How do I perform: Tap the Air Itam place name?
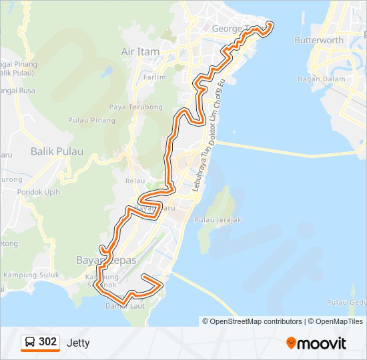click(x=138, y=51)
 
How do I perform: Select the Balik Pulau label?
click(x=57, y=151)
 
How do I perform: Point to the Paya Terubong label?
click(x=136, y=107)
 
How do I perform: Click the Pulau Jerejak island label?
click(x=217, y=220)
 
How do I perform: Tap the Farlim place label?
click(x=154, y=77)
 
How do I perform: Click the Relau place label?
click(x=135, y=181)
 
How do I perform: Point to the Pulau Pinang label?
click(x=91, y=121)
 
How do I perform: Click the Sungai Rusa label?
click(x=16, y=90)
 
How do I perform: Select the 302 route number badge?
click(x=47, y=342)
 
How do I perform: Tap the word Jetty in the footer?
click(x=78, y=343)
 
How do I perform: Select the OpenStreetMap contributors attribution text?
click(x=252, y=321)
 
